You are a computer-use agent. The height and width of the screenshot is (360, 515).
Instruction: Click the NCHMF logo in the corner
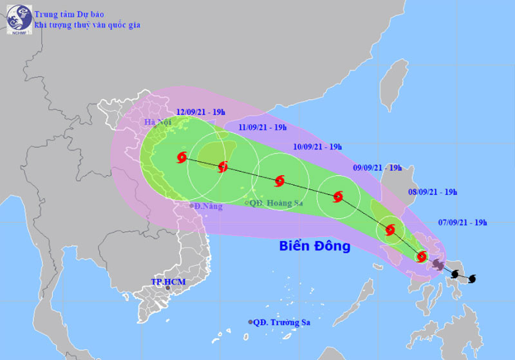point(19,19)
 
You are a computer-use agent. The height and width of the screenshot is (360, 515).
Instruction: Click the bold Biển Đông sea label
point(315,245)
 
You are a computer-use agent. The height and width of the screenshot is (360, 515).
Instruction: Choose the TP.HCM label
point(165,281)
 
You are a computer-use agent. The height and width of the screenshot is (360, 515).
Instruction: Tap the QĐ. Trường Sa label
point(283,322)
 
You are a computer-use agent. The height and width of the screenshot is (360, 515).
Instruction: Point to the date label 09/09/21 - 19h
point(378,168)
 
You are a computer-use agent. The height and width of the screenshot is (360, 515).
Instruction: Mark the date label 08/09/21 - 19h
point(433,192)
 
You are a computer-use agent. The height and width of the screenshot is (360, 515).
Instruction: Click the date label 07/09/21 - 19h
point(463,223)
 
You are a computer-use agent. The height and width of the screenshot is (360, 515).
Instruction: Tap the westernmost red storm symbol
point(182,156)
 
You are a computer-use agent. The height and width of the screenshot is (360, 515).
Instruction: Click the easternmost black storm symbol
point(472,279)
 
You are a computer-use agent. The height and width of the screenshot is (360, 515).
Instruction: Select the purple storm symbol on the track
point(438,265)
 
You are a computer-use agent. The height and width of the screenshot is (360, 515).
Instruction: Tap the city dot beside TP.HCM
point(169,289)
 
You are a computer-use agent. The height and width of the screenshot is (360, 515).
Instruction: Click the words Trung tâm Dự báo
point(71,12)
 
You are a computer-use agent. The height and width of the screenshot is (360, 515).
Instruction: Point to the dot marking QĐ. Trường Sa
point(250,322)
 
